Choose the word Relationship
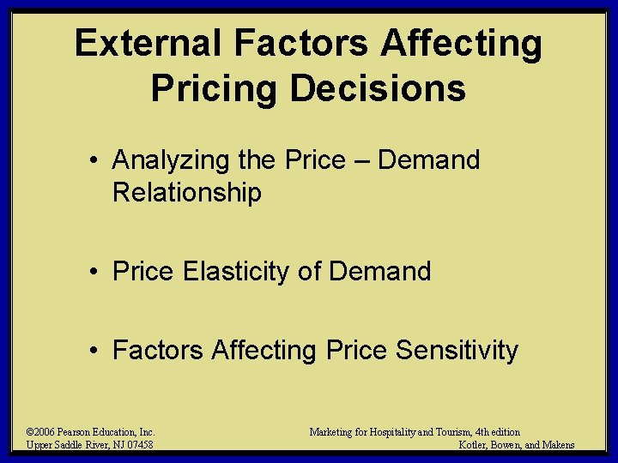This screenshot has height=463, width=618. pos(186,193)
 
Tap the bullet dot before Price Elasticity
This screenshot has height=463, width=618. pos(99,273)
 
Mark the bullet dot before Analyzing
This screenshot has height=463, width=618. pos(99,161)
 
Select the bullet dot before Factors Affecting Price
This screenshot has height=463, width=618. pos(99,351)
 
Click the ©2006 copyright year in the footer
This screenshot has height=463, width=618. pos(42,432)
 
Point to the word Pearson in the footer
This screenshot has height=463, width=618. pos(76,432)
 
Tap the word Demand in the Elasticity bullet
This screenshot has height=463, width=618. pos(380,272)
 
